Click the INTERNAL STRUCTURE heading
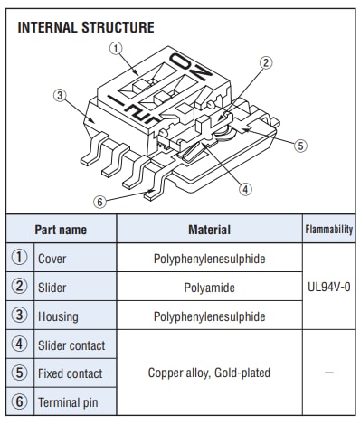[86, 27]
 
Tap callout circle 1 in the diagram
[116, 48]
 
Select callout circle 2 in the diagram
[266, 63]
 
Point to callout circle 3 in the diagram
[60, 95]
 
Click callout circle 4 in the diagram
[245, 189]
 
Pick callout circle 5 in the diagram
[300, 146]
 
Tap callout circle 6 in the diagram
[99, 202]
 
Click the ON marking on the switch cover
[191, 68]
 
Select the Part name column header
[61, 230]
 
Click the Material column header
[209, 230]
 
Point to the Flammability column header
[329, 230]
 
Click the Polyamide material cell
[209, 288]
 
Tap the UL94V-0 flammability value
[329, 287]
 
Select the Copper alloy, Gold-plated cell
[209, 373]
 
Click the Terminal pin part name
[68, 402]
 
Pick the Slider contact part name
[71, 345]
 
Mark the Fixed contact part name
[71, 373]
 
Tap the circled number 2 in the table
[19, 286]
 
